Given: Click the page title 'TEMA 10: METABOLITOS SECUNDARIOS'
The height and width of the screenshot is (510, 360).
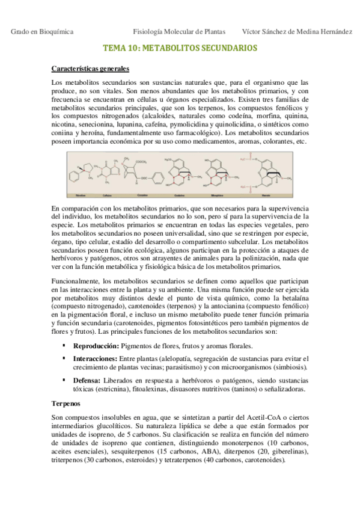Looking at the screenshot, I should pyautogui.click(x=180, y=48).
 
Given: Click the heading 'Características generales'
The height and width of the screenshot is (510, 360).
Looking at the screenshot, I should pyautogui.click(x=90, y=69).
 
